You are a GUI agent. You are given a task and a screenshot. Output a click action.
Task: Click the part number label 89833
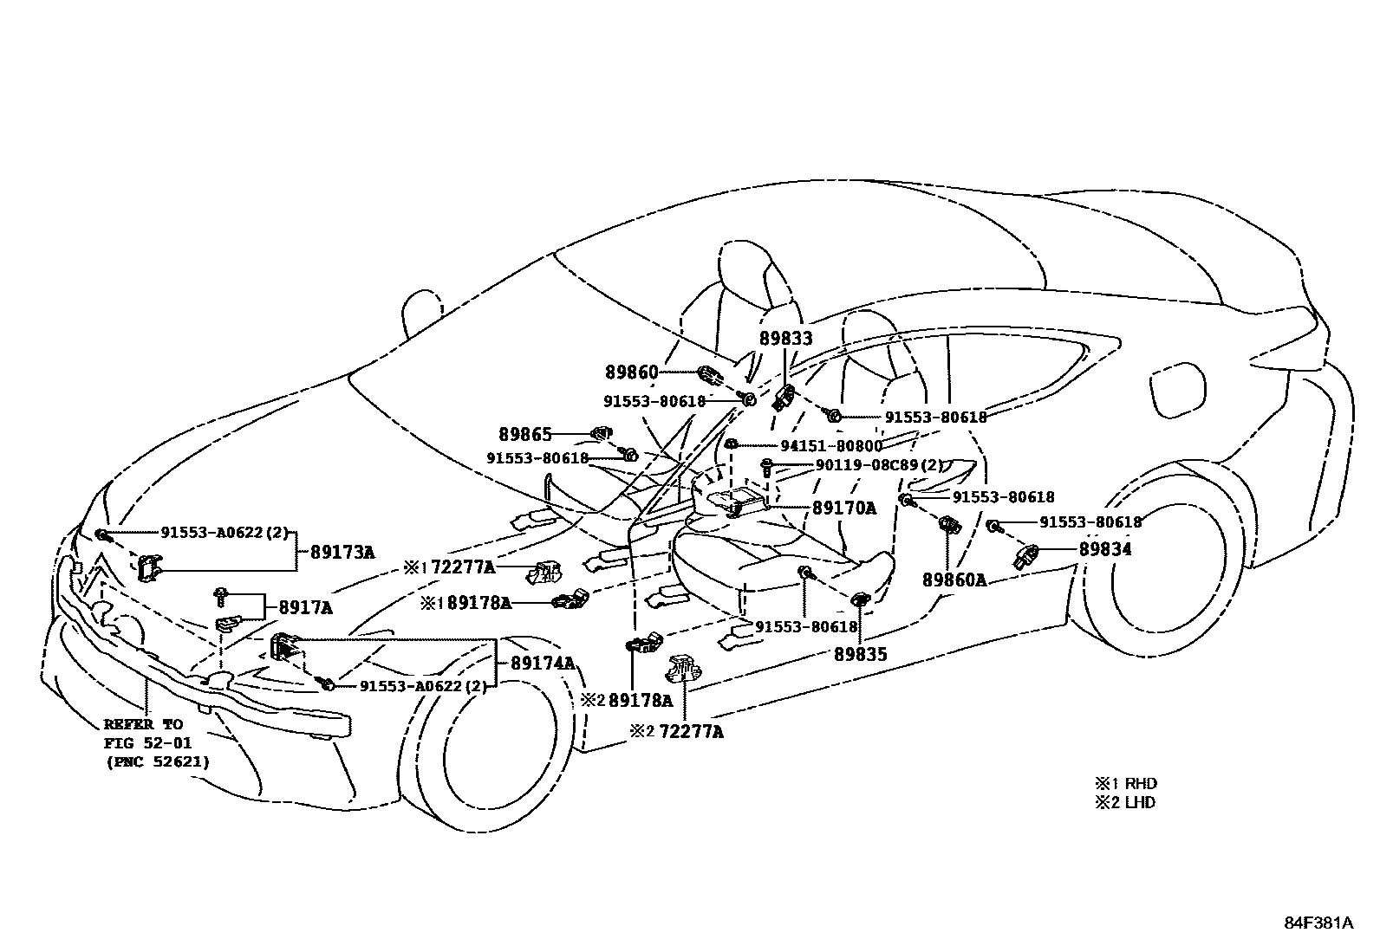[786, 340]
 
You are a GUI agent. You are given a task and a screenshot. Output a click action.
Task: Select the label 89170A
[843, 508]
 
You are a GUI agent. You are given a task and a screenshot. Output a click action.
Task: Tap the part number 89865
[525, 433]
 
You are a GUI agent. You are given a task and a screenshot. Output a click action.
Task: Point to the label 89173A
[338, 552]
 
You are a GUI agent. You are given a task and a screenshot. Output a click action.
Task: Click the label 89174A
[543, 664]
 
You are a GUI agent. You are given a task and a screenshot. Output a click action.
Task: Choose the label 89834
[1104, 549]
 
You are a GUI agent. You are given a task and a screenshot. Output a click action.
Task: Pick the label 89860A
[954, 580]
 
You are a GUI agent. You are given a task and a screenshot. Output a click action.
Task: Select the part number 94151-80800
[830, 446]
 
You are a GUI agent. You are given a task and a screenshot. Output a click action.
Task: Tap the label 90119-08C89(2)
[878, 465]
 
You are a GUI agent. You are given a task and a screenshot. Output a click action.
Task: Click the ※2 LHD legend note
[1124, 802]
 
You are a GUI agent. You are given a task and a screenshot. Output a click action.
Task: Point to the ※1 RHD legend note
[1124, 783]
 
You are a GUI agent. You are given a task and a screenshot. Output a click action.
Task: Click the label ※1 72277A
[449, 568]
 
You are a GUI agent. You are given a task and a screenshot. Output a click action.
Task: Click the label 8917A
[304, 608]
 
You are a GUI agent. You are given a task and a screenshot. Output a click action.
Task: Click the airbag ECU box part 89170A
[736, 500]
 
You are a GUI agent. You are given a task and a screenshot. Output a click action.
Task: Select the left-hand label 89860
[632, 372]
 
